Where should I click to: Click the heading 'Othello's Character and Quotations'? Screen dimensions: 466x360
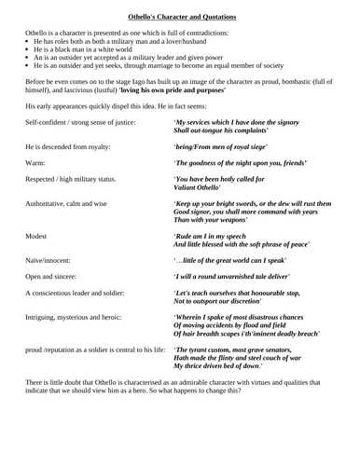(x=180, y=16)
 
